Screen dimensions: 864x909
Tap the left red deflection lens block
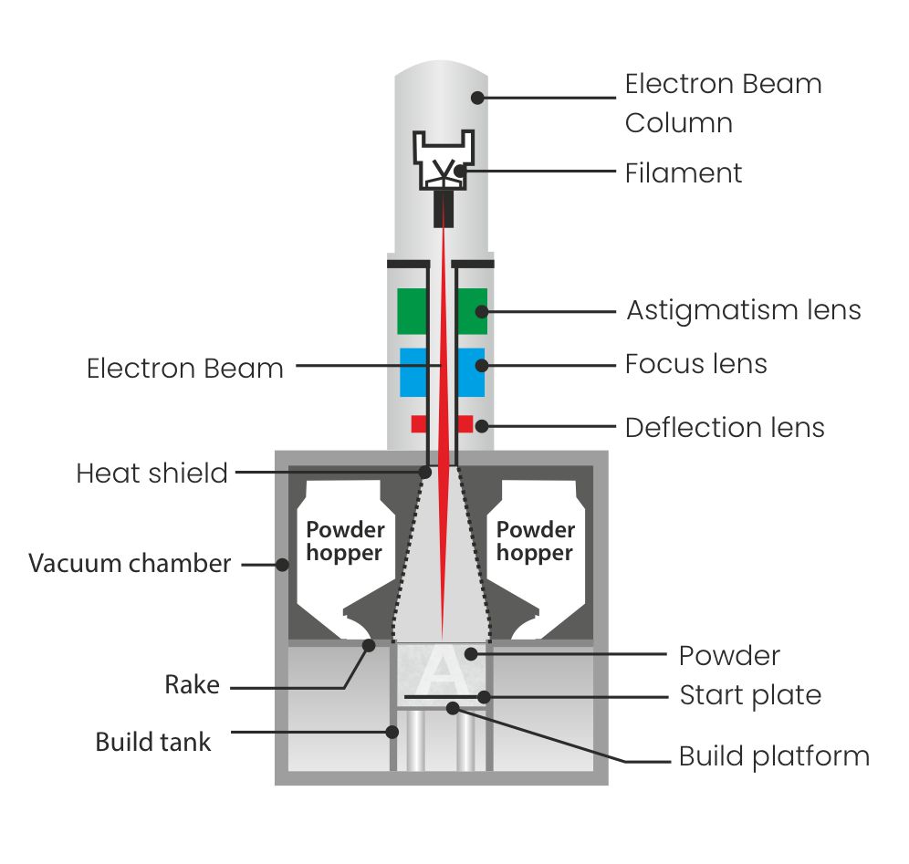(x=419, y=423)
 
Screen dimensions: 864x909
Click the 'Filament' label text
(x=683, y=173)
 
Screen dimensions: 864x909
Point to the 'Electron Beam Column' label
(x=723, y=103)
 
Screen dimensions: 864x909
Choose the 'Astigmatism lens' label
(x=743, y=310)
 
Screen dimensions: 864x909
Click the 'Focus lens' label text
(x=695, y=365)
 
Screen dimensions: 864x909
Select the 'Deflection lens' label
(x=724, y=427)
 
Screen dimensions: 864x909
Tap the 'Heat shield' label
(x=151, y=474)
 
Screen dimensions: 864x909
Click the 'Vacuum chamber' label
(x=130, y=563)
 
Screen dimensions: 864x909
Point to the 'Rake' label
(x=192, y=684)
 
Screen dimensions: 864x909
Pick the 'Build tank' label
(x=153, y=742)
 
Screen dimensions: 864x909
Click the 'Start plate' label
(x=750, y=696)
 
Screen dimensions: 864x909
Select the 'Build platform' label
(x=774, y=756)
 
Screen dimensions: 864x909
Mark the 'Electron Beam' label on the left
(x=184, y=369)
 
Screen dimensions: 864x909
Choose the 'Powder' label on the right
(x=729, y=655)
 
